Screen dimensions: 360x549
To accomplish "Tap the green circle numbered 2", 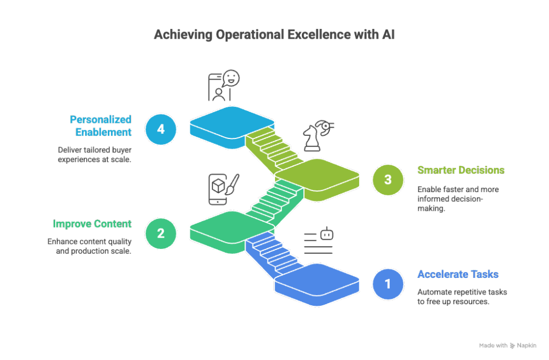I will tap(160, 233).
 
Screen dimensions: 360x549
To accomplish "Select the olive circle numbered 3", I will tap(388, 180).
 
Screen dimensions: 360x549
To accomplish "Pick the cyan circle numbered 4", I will tap(160, 129).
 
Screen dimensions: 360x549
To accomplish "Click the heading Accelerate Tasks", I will tap(458, 275).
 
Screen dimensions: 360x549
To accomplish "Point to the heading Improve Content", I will tap(92, 224).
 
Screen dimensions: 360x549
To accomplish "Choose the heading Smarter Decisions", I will tap(461, 171).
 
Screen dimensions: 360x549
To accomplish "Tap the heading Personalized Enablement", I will tap(101, 124).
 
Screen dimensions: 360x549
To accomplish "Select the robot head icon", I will tap(327, 234).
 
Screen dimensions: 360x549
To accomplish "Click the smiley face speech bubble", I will tap(231, 78).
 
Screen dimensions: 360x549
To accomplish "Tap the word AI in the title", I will tap(388, 35).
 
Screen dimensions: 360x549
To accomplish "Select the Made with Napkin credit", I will tap(507, 346).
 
